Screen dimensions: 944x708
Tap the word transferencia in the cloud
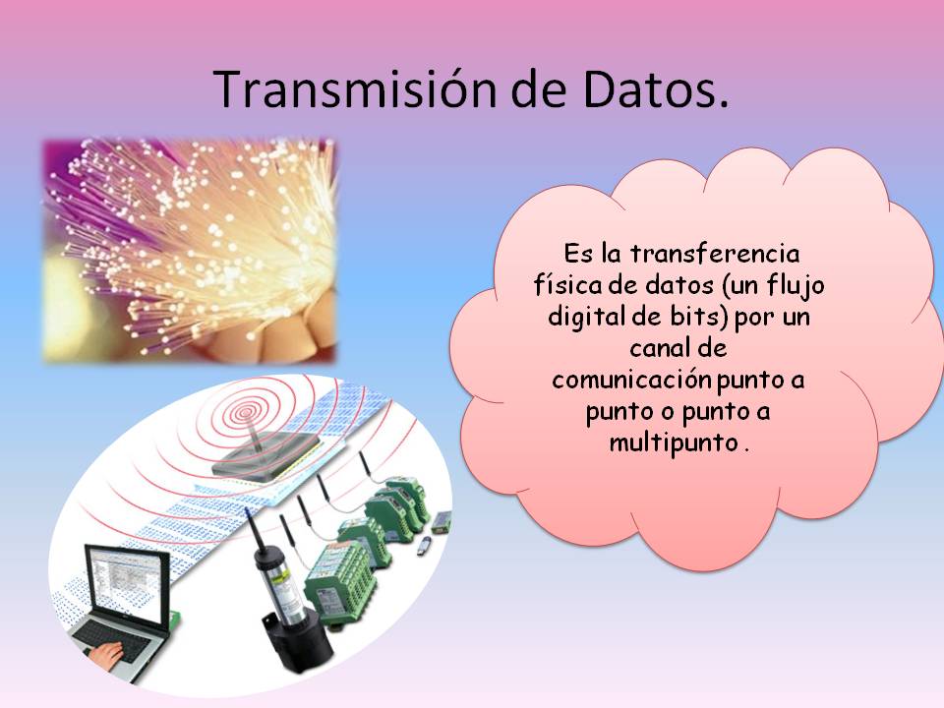click(x=715, y=254)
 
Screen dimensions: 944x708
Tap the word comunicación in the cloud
click(x=631, y=380)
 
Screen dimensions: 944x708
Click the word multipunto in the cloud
click(x=674, y=443)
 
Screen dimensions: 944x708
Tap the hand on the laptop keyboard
click(x=107, y=656)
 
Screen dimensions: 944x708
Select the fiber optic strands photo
click(x=189, y=251)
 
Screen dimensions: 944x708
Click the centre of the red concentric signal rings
click(x=246, y=412)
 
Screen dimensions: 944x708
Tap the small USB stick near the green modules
click(x=425, y=546)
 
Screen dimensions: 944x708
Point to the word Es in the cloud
click(x=578, y=254)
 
